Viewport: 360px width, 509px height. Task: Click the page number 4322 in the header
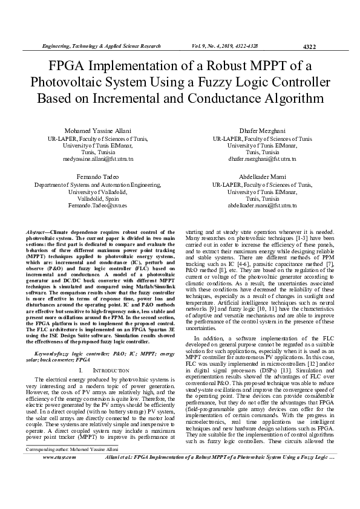point(309,46)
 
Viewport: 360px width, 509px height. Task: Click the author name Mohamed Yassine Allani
point(98,131)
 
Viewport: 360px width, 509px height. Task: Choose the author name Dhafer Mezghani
point(262,131)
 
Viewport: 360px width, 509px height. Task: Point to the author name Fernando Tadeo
point(98,177)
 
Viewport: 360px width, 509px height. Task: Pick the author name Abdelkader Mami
point(262,177)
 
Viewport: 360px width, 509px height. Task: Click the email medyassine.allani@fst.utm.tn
point(98,159)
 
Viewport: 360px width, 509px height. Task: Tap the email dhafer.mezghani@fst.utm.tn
point(262,159)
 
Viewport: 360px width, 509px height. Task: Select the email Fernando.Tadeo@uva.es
point(98,205)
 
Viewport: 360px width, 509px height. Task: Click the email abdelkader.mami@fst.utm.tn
point(262,205)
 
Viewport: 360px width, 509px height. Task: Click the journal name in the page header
point(100,46)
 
